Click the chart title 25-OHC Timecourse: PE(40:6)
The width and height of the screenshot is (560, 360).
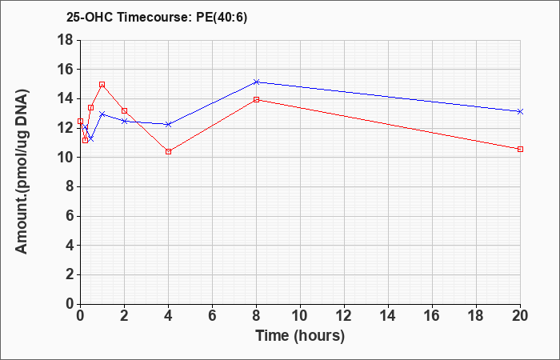click(x=157, y=18)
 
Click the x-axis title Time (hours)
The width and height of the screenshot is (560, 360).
click(x=300, y=336)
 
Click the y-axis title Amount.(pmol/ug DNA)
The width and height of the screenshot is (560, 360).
click(x=22, y=171)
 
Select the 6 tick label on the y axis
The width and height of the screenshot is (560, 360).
click(x=69, y=216)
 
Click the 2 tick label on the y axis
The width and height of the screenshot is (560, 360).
click(x=69, y=275)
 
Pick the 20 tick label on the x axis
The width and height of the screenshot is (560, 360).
click(x=520, y=316)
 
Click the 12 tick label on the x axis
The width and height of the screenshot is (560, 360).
click(x=344, y=316)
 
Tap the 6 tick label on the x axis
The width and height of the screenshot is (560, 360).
click(x=212, y=316)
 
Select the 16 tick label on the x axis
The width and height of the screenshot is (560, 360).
click(x=432, y=316)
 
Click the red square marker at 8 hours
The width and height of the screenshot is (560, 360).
click(x=257, y=100)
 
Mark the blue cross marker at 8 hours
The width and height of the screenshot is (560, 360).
click(x=257, y=82)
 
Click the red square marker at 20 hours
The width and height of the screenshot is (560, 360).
click(x=520, y=149)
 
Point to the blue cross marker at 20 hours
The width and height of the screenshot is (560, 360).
click(x=520, y=111)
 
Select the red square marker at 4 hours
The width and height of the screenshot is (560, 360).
click(x=169, y=151)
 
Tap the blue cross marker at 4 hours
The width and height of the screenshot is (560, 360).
click(x=169, y=124)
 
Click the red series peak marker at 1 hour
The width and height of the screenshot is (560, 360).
click(x=102, y=84)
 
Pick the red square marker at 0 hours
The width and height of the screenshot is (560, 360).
click(x=80, y=121)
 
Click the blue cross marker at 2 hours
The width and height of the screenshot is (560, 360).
click(x=124, y=121)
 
